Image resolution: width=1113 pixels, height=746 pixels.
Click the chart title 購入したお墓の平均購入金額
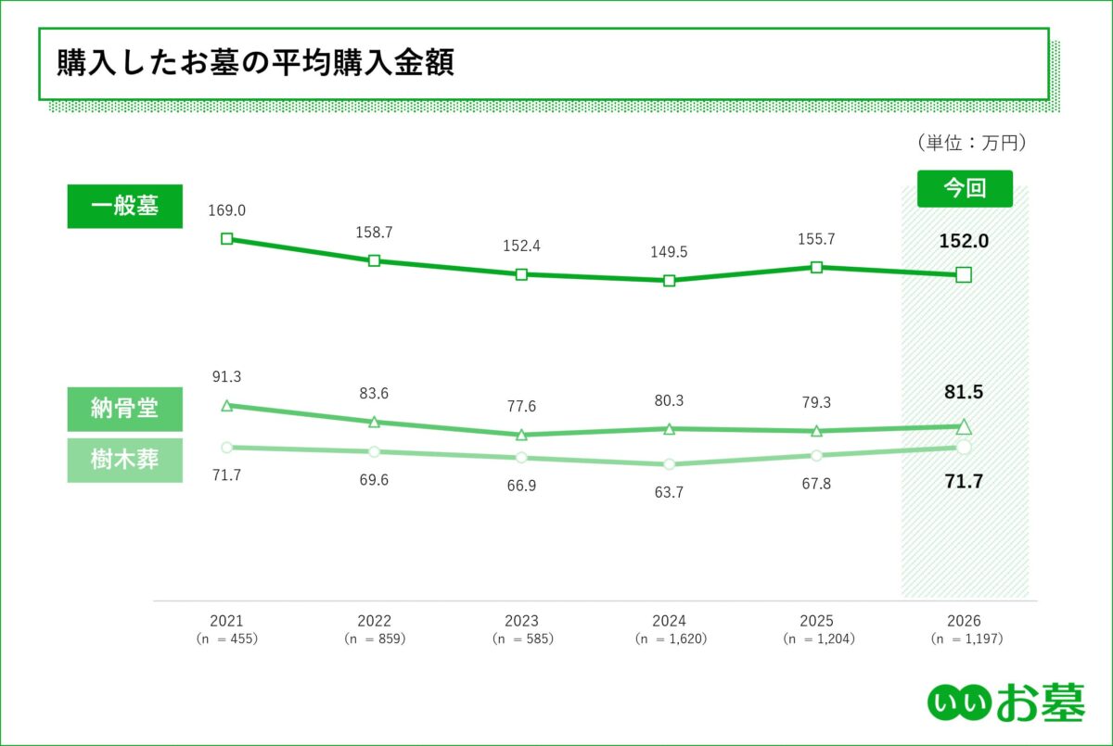pos(255,63)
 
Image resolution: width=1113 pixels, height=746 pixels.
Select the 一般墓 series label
pos(124,206)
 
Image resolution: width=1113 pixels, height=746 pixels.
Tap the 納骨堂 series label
pos(124,409)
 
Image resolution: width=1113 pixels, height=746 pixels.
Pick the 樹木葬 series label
pos(124,460)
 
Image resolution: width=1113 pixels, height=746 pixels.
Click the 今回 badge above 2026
pos(964,188)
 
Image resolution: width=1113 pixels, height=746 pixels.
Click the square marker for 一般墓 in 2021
pos(227,239)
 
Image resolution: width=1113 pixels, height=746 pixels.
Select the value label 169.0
pos(227,211)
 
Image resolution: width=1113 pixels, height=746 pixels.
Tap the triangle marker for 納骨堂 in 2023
pos(521,435)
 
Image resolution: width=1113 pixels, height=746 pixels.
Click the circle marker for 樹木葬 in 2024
pos(669,463)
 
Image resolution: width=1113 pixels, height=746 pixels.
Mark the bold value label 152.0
pos(964,241)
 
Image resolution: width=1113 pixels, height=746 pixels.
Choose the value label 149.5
pos(669,252)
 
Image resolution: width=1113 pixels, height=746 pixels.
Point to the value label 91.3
pos(227,377)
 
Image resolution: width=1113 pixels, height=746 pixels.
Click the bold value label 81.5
pos(964,392)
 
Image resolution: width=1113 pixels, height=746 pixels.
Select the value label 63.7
pos(669,493)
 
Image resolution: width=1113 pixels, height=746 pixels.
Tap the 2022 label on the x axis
pos(374,621)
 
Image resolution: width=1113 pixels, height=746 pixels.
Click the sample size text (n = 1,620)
pos(669,639)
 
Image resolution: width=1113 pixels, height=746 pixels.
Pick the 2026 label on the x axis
pos(964,621)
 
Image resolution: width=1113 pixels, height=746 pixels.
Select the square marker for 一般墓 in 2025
pos(816,267)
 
